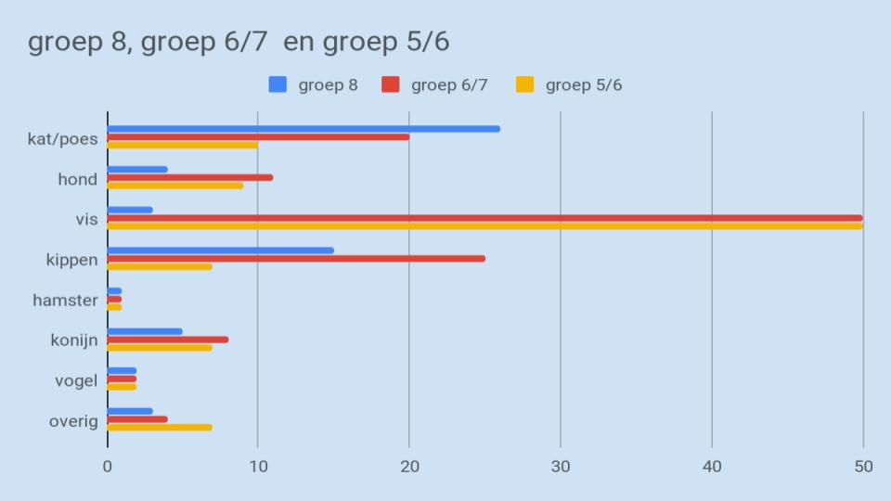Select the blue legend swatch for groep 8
tap(278, 84)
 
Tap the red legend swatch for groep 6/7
tap(391, 84)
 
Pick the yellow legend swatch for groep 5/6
tap(525, 84)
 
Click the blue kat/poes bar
tap(303, 129)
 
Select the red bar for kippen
tap(296, 258)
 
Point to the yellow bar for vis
tap(484, 225)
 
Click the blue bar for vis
tap(130, 210)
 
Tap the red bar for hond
tap(190, 177)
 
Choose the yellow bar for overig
tap(160, 427)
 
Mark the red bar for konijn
tap(168, 340)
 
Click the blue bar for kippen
tap(221, 250)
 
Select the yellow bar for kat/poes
tap(183, 145)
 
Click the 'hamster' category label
tap(65, 300)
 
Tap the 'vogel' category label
tap(76, 380)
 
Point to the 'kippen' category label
tap(71, 260)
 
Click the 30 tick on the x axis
tap(561, 467)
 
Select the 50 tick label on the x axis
tap(863, 467)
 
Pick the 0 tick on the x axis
tap(108, 467)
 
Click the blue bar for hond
tap(137, 170)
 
